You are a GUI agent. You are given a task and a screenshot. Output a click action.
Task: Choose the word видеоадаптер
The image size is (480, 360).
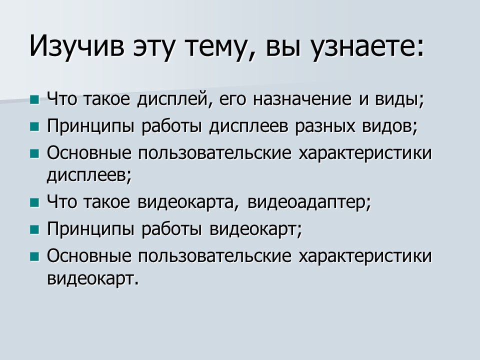tap(309, 203)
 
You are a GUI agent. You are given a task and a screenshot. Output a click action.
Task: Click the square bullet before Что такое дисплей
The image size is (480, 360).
tap(34, 100)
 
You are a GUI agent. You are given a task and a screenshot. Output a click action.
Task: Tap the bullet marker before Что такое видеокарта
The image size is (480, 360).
tap(34, 203)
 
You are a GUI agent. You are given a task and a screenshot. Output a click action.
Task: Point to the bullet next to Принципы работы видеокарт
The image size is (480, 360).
tap(34, 229)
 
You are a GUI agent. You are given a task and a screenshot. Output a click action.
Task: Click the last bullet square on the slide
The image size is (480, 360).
tap(34, 256)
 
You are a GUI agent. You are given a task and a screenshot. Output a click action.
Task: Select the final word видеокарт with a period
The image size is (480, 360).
tap(92, 278)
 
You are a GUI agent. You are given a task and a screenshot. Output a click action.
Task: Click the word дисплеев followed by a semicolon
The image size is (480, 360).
tap(89, 174)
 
